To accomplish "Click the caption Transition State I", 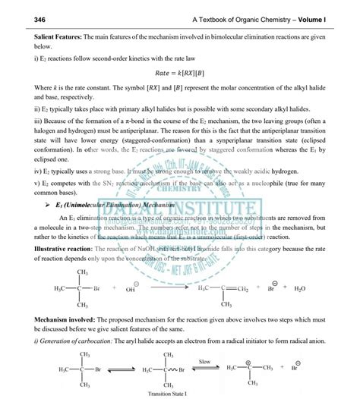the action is [x=161, y=392].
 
